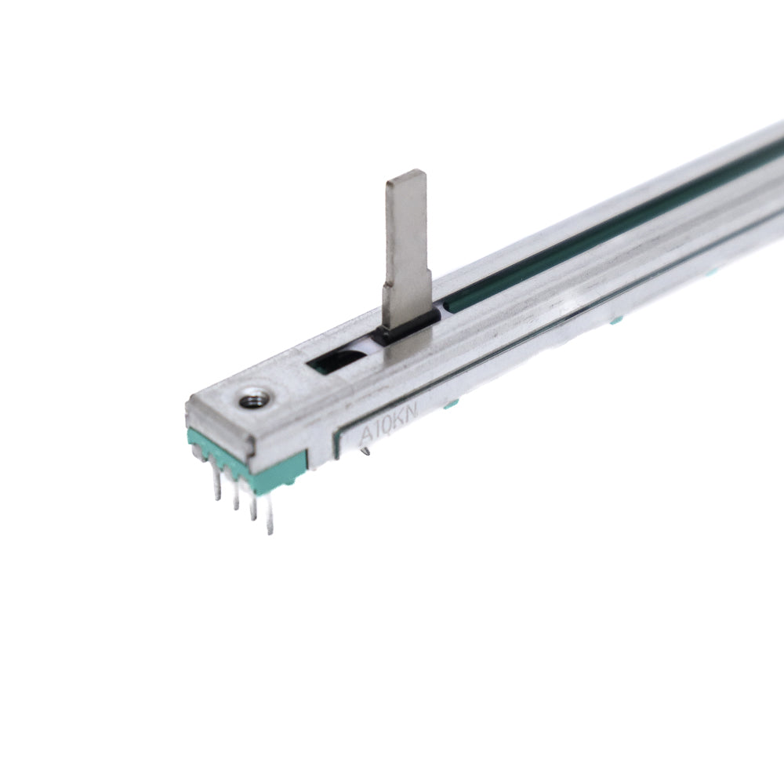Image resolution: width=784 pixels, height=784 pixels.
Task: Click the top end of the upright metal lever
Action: pyautogui.click(x=406, y=174)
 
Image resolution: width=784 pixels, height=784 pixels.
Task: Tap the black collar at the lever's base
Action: pyautogui.click(x=407, y=327)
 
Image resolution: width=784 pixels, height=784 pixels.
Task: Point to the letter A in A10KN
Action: pyautogui.click(x=366, y=434)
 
